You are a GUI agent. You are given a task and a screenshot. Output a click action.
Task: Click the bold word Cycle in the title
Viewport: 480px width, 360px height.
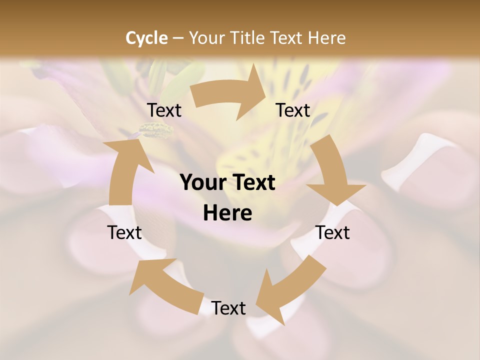[146, 38]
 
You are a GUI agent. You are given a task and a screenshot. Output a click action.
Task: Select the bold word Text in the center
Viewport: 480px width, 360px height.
[252, 182]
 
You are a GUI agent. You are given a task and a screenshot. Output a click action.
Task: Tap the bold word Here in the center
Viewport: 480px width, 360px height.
[227, 213]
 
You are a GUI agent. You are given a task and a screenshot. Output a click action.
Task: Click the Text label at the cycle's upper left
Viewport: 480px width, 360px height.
[164, 110]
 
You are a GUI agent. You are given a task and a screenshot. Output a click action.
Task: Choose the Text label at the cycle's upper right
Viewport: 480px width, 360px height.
[293, 110]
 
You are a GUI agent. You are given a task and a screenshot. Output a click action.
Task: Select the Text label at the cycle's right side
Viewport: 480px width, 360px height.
[332, 232]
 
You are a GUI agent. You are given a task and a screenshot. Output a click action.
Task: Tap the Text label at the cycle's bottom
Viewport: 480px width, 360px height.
[228, 308]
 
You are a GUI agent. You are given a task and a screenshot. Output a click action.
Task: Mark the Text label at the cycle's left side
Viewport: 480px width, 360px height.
[124, 232]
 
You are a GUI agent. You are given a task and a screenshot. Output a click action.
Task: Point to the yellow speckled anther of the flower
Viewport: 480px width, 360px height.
[155, 130]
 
